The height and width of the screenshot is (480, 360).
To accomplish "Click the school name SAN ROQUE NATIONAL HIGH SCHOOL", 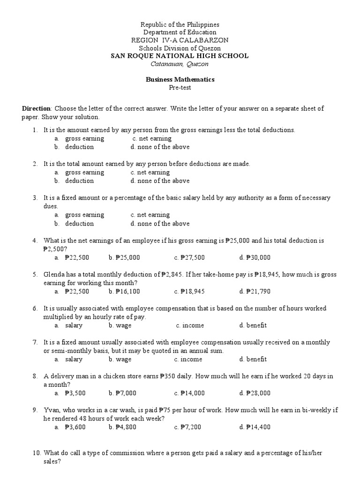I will [180, 56].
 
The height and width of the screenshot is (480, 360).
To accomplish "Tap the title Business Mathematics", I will [180, 80].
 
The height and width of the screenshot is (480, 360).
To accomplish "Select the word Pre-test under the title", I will [180, 88].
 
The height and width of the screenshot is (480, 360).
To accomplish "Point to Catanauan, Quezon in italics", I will [180, 64].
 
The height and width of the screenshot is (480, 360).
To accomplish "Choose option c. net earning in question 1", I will [152, 139].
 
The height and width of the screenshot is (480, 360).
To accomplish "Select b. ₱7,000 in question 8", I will [122, 393].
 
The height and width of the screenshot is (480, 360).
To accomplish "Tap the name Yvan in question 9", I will [51, 410].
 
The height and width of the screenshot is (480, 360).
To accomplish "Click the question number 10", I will [37, 453].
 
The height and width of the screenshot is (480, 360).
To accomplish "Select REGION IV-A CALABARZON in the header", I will [180, 40].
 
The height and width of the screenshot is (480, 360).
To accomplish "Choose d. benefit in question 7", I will [253, 360].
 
